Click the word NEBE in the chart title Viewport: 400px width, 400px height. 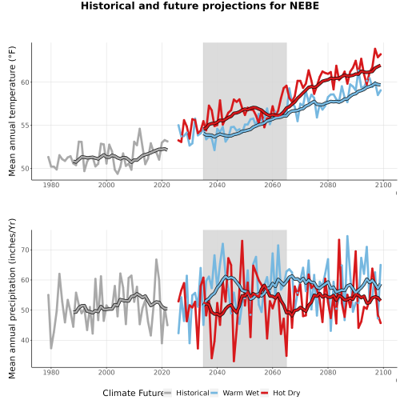304,6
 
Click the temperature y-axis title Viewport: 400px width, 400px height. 12,111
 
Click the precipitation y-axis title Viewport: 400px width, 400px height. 12,298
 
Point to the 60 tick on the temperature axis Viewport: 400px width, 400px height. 25,82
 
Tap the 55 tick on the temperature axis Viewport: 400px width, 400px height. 25,126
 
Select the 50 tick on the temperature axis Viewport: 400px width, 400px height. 25,169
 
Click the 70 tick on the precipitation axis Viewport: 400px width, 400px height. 25,250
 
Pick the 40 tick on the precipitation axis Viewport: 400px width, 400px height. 25,340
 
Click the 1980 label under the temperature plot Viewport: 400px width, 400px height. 51,185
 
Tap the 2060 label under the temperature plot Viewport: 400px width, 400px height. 273,185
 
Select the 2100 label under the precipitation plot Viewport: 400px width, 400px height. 383,372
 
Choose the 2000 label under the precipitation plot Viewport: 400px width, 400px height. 106,372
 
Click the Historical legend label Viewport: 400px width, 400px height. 193,393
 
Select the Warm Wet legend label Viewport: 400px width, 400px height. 241,393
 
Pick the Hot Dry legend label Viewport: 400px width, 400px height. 286,393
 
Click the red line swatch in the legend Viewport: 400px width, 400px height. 265,393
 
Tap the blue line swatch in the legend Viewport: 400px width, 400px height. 214,393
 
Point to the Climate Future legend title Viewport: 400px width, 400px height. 134,393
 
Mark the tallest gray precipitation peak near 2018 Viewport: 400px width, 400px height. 156,259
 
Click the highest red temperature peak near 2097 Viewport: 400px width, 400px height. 375,49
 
